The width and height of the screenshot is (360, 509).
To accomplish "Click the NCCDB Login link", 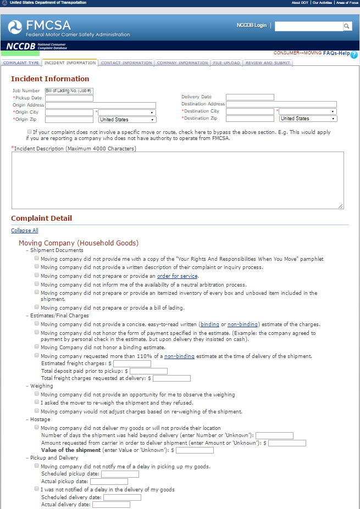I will tap(251, 25).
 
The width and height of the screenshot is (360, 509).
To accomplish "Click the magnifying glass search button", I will tap(347, 26).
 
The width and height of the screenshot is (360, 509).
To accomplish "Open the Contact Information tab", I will tap(126, 63).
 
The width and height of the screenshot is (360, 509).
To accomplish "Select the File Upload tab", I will tap(226, 63).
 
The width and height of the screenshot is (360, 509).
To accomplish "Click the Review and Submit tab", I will tap(268, 63).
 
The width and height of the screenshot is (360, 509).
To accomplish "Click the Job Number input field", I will tap(69, 91).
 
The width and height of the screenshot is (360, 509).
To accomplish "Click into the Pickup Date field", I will tap(69, 98).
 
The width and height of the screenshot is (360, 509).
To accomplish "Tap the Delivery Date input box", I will tap(250, 97).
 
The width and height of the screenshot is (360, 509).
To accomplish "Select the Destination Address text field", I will tap(281, 104).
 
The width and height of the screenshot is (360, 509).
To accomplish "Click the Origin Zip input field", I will tap(69, 119).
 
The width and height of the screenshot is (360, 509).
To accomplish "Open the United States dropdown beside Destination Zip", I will tap(307, 119).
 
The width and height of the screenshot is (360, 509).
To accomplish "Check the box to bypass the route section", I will tap(29, 132).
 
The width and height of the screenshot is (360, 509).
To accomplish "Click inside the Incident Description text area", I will tap(178, 180).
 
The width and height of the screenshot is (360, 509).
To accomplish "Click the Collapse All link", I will tap(25, 231).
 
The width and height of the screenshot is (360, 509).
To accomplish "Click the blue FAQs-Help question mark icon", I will tap(354, 54).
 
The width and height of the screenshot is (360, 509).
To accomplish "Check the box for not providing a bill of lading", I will tap(37, 307).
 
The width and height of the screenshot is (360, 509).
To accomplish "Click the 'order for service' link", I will tap(177, 276).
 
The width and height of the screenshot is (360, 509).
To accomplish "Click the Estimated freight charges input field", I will tap(132, 363).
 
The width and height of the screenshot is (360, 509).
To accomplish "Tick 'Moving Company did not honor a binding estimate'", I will tap(37, 346).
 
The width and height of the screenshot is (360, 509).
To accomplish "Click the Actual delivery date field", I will tap(111, 505).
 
